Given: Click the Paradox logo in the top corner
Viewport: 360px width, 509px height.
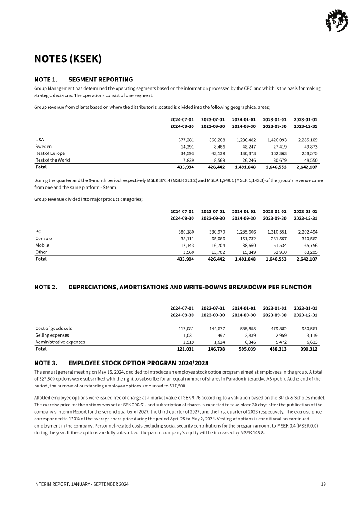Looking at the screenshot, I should (336, 21).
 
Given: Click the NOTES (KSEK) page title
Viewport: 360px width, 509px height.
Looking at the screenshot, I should (68, 59).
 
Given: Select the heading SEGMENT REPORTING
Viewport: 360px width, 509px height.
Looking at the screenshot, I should (101, 80).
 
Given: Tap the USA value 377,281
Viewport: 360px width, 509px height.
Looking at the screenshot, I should (186, 140).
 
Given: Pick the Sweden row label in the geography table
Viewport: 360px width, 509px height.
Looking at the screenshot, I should (44, 147).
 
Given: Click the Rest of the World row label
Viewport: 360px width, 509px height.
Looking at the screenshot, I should (53, 160).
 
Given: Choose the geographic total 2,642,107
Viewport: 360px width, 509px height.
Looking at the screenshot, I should (306, 167).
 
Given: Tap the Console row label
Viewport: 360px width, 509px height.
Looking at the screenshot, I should (44, 239).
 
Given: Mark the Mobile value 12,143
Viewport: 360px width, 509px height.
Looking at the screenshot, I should (186, 245).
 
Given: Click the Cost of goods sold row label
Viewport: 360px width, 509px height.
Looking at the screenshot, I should (54, 329).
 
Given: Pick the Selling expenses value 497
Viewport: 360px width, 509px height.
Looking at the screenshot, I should (220, 335).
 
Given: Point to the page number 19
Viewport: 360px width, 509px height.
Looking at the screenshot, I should (323, 484).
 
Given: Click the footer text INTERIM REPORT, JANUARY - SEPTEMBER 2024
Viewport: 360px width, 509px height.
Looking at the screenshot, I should (81, 484).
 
